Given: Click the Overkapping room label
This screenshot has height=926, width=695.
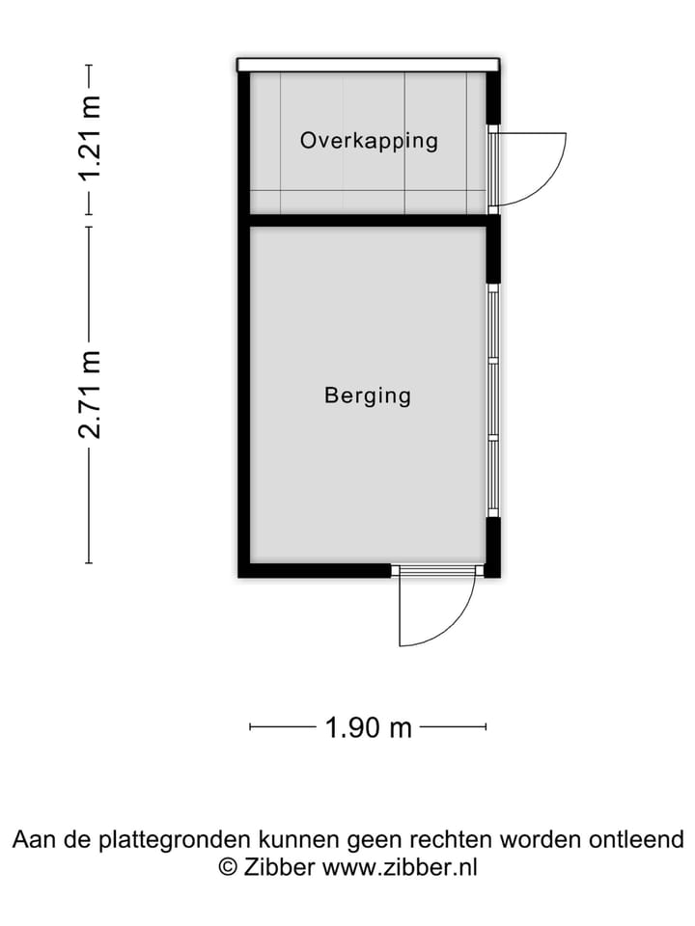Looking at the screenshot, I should [x=369, y=140].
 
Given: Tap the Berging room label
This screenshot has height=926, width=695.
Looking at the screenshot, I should [x=368, y=395].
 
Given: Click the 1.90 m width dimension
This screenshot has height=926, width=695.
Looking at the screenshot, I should [x=368, y=727].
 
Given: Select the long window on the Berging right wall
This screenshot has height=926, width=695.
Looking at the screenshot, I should [x=492, y=400].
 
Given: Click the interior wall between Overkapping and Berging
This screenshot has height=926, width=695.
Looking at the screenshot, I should [x=368, y=221].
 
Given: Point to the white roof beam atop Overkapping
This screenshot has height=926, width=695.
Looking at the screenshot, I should [x=368, y=65].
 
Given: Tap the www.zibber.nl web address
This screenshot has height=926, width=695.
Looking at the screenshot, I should [x=399, y=866].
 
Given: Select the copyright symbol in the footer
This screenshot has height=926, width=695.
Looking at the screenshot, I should [x=228, y=866].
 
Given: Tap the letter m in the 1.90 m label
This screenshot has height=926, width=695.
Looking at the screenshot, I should [x=401, y=727].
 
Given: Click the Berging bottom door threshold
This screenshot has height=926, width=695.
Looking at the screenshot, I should [x=437, y=571].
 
